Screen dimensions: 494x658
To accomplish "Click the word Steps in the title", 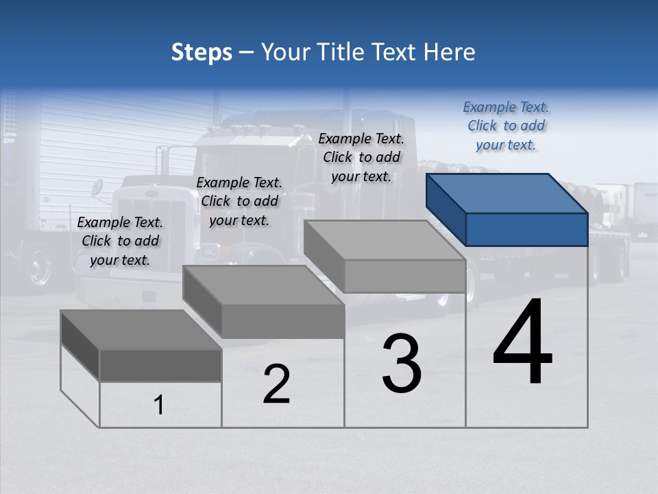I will pyautogui.click(x=202, y=52).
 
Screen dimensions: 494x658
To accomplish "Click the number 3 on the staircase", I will pyautogui.click(x=402, y=364).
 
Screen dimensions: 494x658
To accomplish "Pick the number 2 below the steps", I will pyautogui.click(x=276, y=384).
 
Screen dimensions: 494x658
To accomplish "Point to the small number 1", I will pyautogui.click(x=159, y=405).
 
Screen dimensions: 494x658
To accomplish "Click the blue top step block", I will pyautogui.click(x=508, y=209).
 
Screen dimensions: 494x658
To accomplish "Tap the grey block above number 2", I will pyautogui.click(x=265, y=302).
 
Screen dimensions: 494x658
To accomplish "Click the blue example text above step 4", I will pyautogui.click(x=506, y=126).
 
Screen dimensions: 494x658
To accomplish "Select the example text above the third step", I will pyautogui.click(x=361, y=157).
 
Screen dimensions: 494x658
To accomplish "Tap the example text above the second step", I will pyautogui.click(x=239, y=201).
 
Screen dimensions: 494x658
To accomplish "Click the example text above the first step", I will pyautogui.click(x=120, y=241).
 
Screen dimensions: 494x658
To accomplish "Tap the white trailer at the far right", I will pyautogui.click(x=644, y=209).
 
